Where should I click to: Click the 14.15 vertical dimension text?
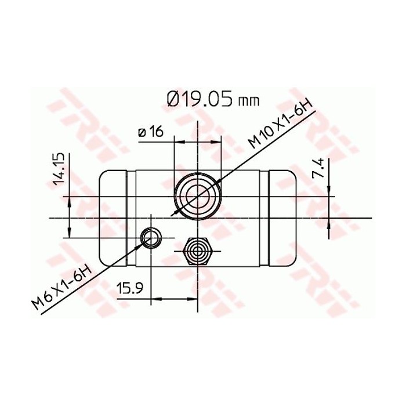[59, 169]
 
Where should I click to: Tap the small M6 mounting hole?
[151, 237]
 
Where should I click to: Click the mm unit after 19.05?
[248, 101]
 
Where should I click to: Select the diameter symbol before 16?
[142, 133]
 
